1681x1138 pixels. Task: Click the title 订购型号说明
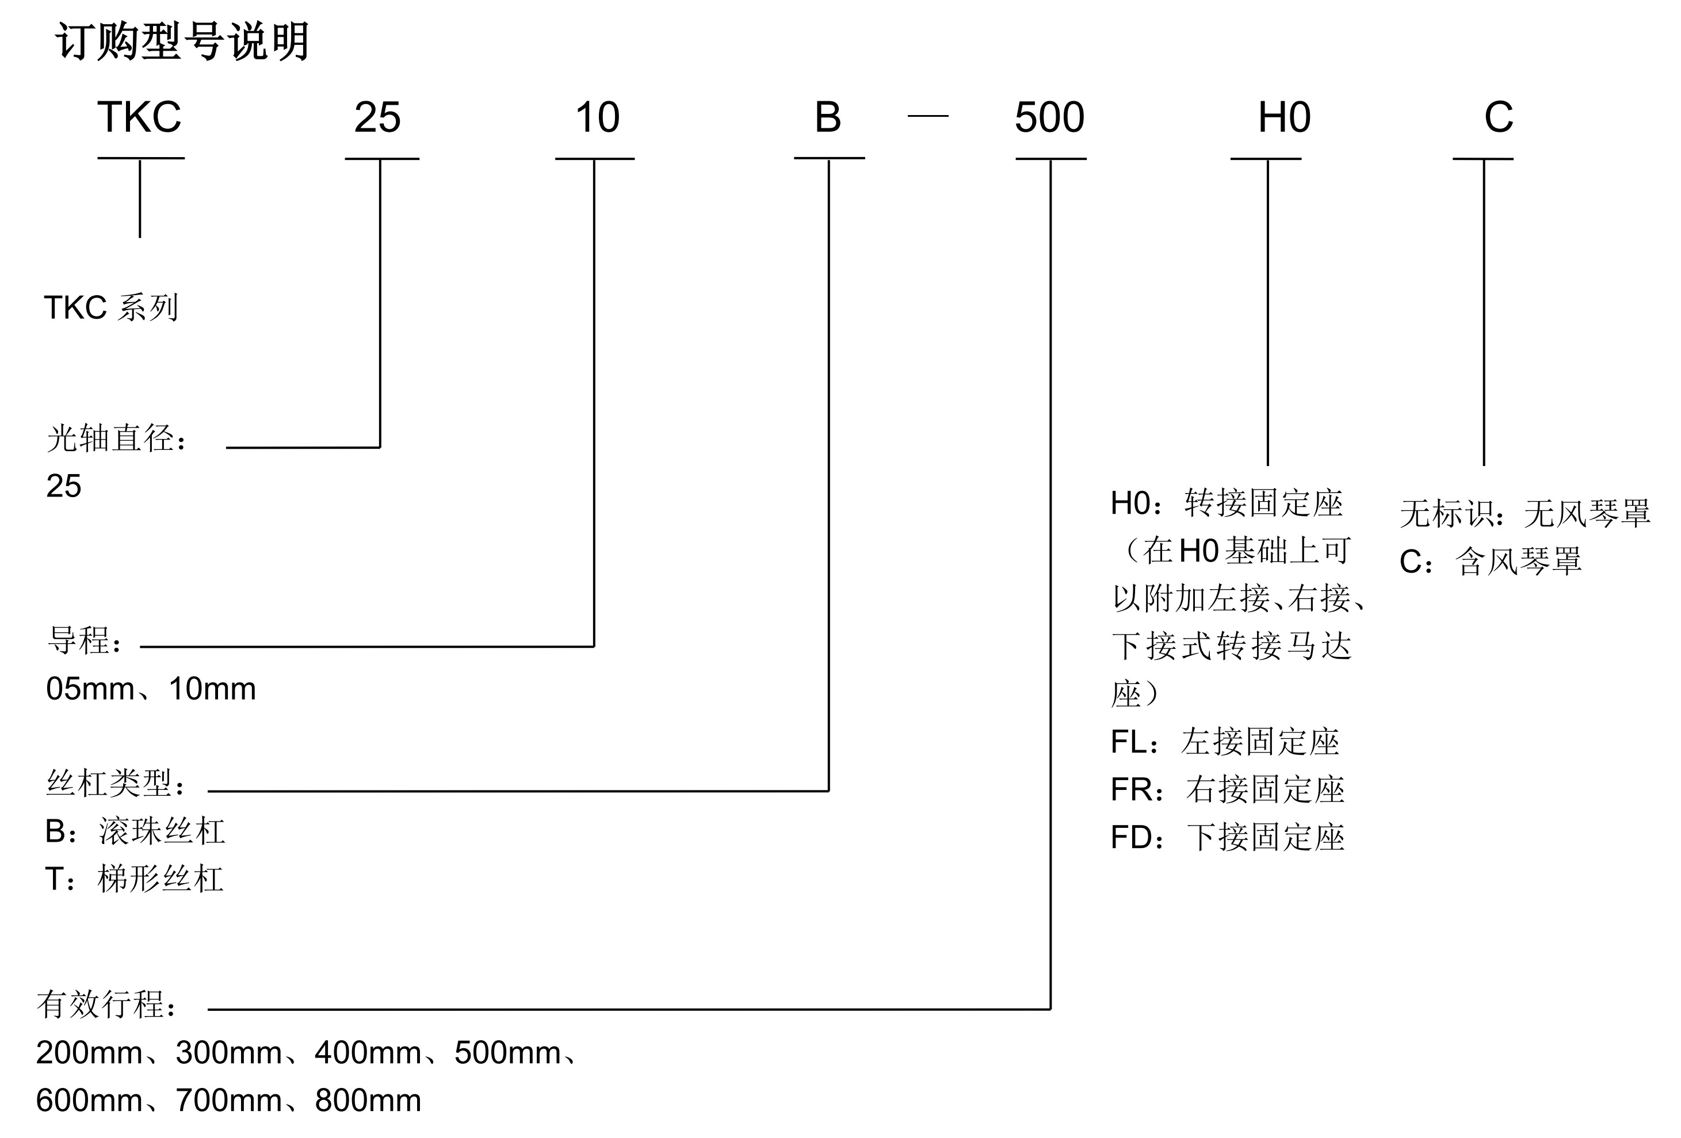182,41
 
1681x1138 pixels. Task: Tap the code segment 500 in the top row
1049,117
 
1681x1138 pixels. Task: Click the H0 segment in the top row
1284,117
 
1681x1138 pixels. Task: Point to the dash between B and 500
927,116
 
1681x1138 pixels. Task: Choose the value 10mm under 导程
212,689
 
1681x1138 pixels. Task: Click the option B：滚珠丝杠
135,832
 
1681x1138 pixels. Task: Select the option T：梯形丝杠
134,880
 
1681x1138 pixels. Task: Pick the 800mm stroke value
368,1101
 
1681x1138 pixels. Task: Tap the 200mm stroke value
89,1053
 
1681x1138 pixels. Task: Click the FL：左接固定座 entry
1225,742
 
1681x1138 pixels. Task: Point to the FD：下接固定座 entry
1228,838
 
